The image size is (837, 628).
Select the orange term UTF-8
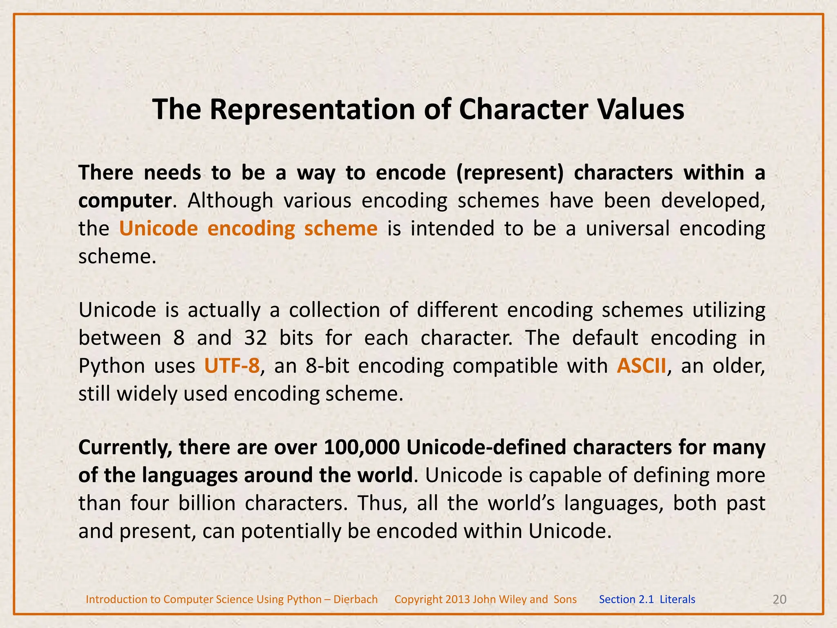click(x=232, y=366)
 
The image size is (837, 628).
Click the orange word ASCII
click(x=642, y=366)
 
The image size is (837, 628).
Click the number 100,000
click(x=361, y=448)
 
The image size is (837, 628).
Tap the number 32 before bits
click(x=255, y=338)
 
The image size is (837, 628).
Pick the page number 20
click(x=780, y=599)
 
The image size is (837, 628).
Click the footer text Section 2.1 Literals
click(x=647, y=599)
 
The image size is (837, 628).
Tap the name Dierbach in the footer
click(x=356, y=599)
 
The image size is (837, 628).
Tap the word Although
click(x=230, y=201)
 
